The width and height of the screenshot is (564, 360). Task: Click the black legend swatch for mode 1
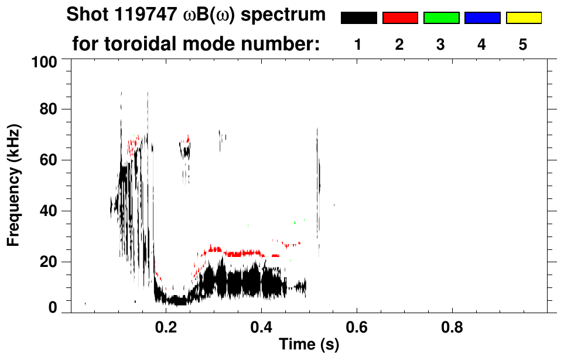coord(358,18)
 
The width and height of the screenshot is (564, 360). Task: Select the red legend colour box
coord(400,18)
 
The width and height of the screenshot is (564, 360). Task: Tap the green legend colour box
coord(441,18)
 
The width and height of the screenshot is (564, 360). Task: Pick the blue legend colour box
coord(482,18)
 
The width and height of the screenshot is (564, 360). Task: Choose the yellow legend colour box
coord(523,18)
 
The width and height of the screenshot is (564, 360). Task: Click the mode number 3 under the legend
coord(441,44)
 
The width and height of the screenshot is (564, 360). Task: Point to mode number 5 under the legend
coord(523,44)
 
